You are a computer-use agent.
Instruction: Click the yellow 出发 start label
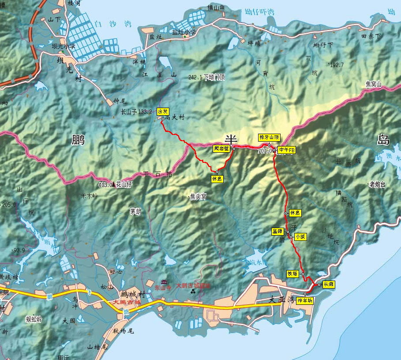coord(162,112)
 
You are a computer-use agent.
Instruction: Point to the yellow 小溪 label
coord(300,237)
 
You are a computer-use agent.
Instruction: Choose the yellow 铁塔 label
coord(293,274)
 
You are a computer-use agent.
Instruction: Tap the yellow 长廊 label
coord(329,285)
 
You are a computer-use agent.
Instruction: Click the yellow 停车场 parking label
coord(305,300)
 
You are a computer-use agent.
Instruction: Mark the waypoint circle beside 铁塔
coord(303,274)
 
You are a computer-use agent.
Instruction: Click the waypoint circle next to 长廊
coord(319,285)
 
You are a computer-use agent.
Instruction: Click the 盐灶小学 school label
coord(184,32)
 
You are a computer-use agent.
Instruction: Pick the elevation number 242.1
coord(195,77)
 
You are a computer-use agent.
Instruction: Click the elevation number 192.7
coord(336,65)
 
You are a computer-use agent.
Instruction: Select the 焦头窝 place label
coord(198,197)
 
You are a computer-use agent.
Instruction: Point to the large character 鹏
coord(78,140)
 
